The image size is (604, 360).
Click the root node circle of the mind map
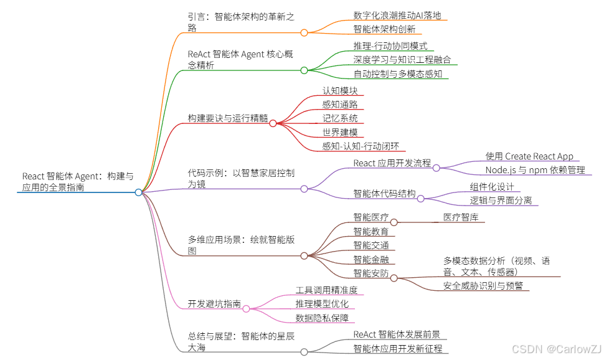click(138, 192)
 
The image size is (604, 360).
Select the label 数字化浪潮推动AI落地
click(397, 15)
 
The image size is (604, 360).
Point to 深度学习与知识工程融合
click(402, 60)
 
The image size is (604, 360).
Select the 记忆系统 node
click(340, 118)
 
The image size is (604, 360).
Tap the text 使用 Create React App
click(529, 156)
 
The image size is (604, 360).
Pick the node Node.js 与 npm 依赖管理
click(535, 169)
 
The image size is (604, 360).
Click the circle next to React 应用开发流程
click(436, 168)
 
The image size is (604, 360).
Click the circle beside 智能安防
click(394, 278)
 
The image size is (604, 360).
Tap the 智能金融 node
click(371, 258)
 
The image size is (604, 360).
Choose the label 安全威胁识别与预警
click(483, 286)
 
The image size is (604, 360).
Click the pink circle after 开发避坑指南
click(246, 308)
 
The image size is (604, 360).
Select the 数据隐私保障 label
click(322, 318)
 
